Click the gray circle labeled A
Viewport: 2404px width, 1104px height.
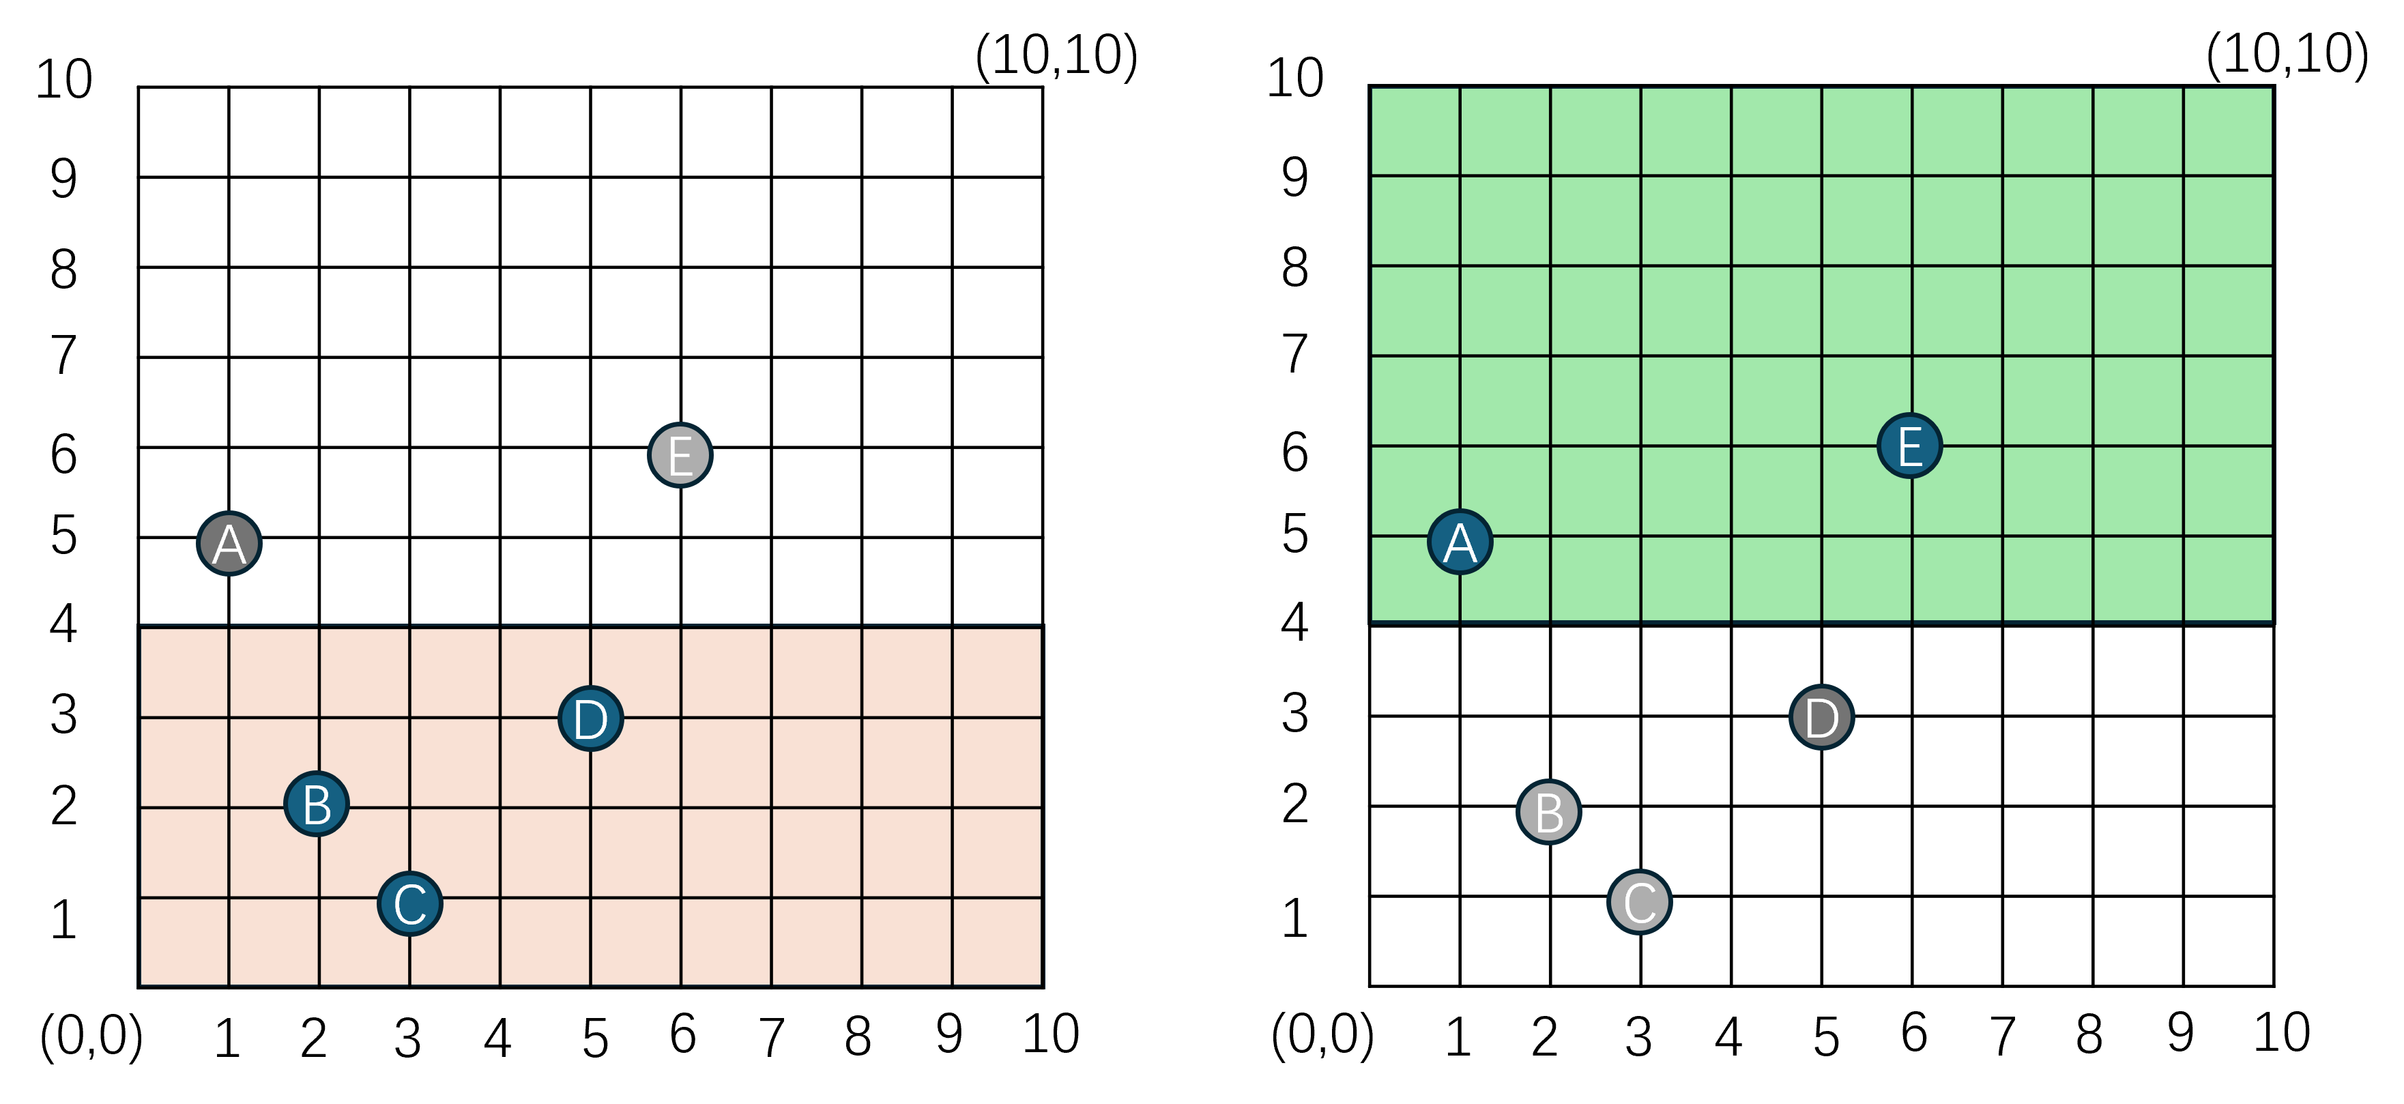[x=229, y=543]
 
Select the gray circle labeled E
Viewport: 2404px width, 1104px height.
[x=680, y=455]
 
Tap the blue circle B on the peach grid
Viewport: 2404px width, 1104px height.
[x=317, y=804]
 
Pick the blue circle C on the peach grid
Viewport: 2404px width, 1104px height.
[x=409, y=903]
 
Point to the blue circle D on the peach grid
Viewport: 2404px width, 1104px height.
[x=591, y=718]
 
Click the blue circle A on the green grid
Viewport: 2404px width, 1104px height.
[x=1460, y=541]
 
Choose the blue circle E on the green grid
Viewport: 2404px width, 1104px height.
[x=1909, y=445]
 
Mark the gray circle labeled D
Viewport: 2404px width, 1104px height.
[x=1821, y=718]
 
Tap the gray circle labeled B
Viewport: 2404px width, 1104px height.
[x=1549, y=812]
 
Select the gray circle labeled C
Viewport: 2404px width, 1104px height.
[x=1640, y=903]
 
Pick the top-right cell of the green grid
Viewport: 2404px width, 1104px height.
[x=2228, y=132]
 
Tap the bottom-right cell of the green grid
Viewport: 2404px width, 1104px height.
[x=2228, y=579]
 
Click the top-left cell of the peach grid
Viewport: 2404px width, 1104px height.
[x=185, y=672]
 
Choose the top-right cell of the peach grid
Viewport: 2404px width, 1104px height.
[x=997, y=672]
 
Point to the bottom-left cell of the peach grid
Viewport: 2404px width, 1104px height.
[x=185, y=941]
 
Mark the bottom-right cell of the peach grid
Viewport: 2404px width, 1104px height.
[x=997, y=941]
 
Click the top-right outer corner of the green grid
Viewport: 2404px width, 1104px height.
[x=2274, y=87]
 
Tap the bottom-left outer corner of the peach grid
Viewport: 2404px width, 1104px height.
[x=140, y=985]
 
